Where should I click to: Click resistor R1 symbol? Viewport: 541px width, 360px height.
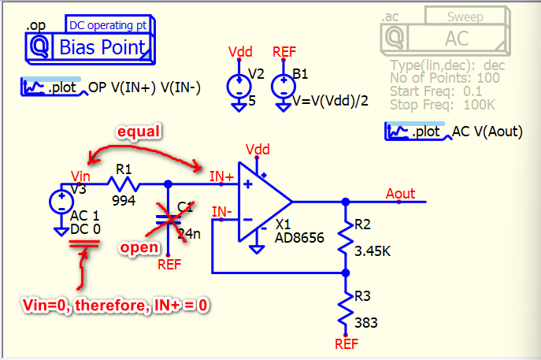[x=124, y=184]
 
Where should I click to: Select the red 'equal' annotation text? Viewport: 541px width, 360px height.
[x=139, y=132]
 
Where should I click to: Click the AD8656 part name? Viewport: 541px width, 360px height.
[x=299, y=237]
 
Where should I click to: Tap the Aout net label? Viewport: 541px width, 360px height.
[x=401, y=193]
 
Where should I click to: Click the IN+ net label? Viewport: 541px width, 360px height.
[x=221, y=178]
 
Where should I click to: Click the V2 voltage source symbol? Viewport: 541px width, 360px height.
[x=237, y=86]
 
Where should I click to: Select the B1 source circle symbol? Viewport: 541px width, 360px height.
[x=281, y=86]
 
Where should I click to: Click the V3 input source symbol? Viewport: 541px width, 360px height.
[x=60, y=202]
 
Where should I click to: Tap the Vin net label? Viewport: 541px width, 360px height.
[x=80, y=176]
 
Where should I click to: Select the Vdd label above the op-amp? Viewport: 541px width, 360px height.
[x=257, y=149]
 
